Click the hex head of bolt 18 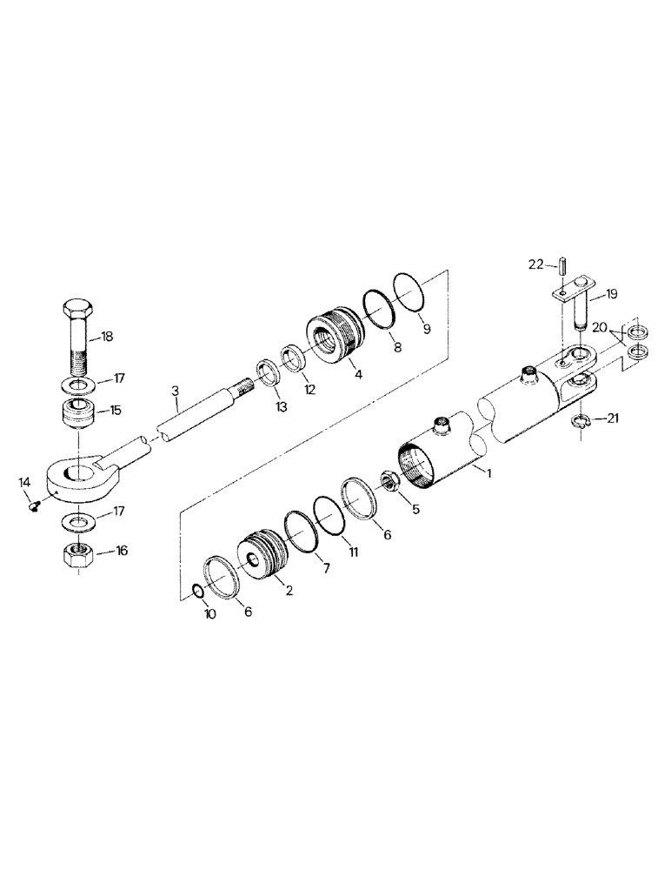point(77,311)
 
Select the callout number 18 point(107,337)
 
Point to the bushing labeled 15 point(79,411)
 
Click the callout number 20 point(600,328)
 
